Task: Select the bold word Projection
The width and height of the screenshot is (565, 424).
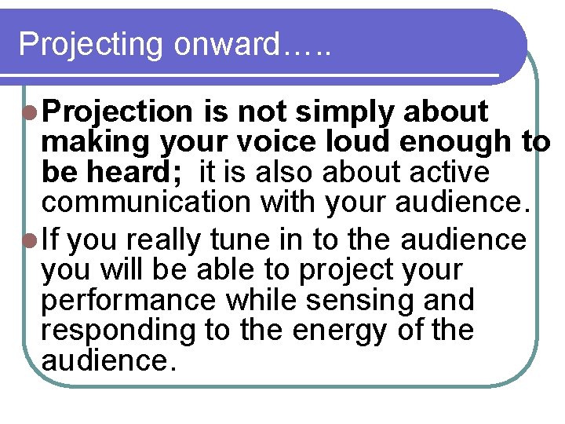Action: click(x=118, y=112)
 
